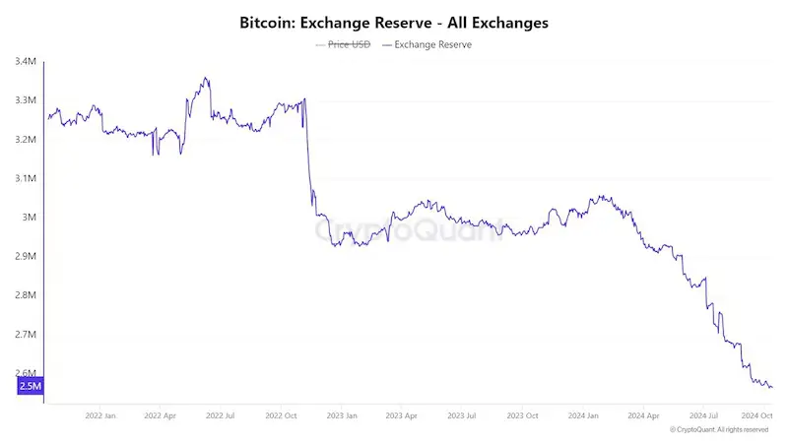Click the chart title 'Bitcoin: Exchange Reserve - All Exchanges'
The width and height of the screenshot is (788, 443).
tap(393, 21)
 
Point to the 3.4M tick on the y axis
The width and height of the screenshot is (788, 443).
tap(26, 62)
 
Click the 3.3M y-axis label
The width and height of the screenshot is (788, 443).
tap(26, 100)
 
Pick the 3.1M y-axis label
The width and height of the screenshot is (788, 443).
tap(26, 178)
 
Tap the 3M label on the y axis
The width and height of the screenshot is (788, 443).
tap(30, 218)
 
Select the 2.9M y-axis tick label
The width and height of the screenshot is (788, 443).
tap(26, 256)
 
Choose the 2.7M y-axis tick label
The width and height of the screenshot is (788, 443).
tap(26, 335)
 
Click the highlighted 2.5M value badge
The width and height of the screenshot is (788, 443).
tap(30, 386)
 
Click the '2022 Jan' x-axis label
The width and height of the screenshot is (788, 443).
tap(100, 416)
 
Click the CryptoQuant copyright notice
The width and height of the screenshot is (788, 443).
tap(718, 430)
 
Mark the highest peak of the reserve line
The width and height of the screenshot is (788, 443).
tap(205, 78)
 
